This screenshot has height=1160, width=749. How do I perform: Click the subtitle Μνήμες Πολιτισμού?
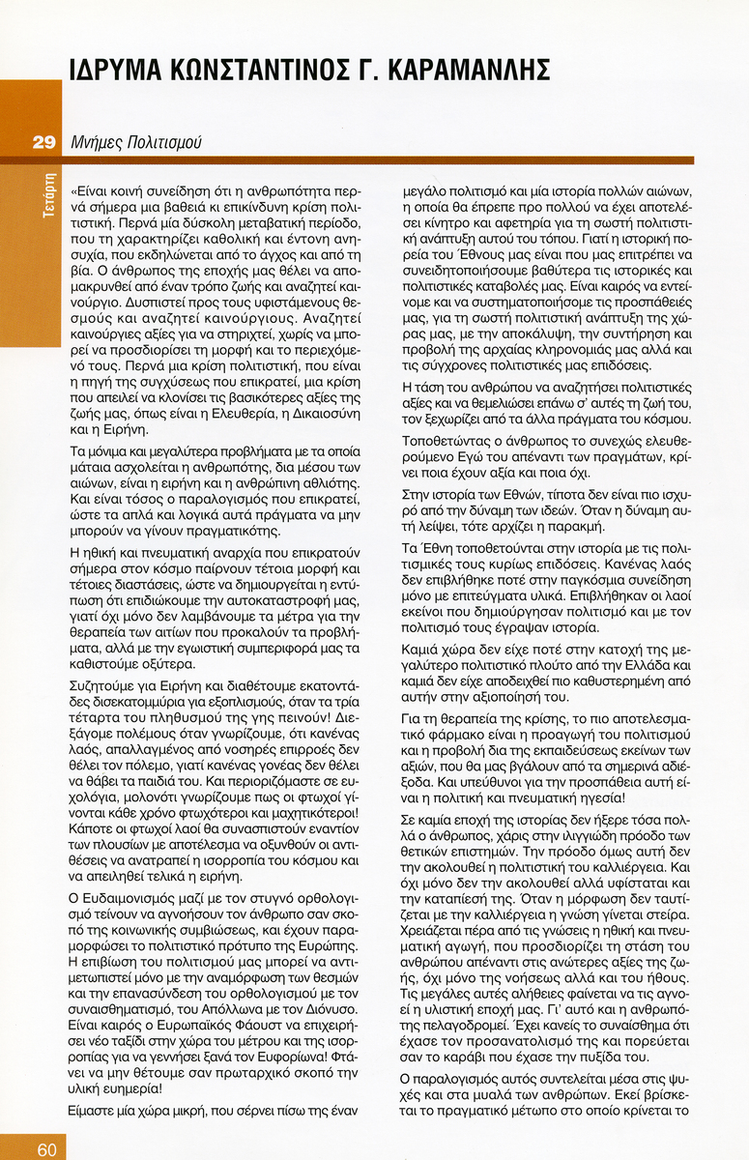coord(136,142)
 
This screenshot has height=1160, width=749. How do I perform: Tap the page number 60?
coord(47,1149)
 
